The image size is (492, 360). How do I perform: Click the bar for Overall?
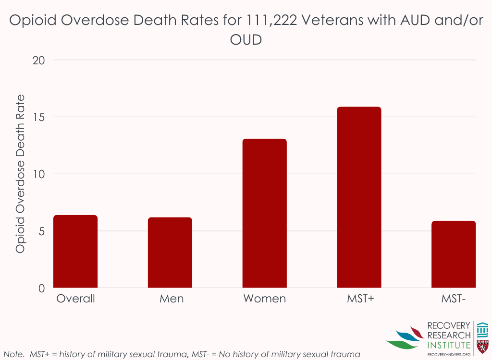pos(75,252)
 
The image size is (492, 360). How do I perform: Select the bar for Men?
pos(170,252)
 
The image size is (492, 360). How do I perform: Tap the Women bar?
pos(264,214)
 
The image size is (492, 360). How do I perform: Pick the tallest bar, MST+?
pos(359,197)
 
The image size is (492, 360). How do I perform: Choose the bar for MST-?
pos(454,254)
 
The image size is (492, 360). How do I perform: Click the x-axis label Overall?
pos(75,299)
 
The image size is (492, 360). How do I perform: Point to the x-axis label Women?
pos(264,299)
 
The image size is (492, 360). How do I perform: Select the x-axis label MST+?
pos(360,299)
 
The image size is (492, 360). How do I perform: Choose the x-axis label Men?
pos(172,299)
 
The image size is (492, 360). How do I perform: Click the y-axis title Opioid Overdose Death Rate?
pos(20,174)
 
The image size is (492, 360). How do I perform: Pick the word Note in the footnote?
pos(13,355)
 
